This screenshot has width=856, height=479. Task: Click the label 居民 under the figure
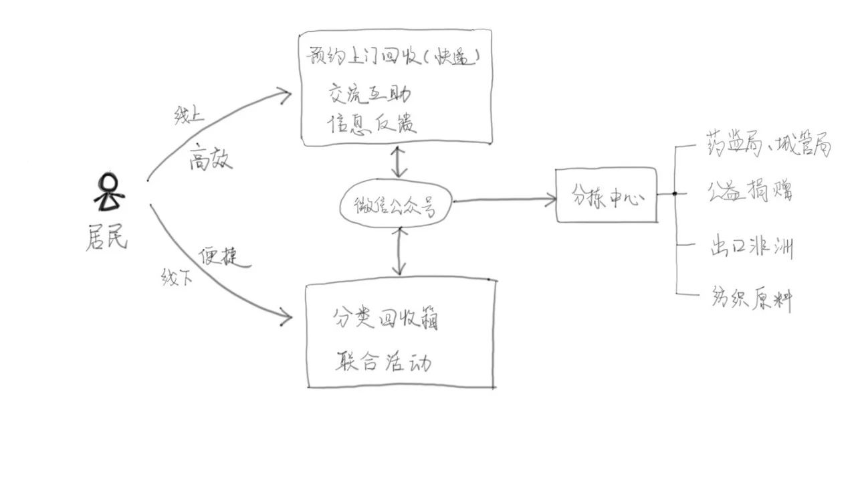106,237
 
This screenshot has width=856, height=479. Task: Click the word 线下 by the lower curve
177,276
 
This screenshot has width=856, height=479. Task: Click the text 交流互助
369,94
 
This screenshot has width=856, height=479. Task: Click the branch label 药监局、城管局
768,144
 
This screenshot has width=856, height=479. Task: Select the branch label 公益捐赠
750,192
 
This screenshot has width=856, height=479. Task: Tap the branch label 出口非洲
750,248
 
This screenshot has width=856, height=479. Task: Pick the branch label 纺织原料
750,299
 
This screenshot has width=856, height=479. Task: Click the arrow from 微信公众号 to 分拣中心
505,199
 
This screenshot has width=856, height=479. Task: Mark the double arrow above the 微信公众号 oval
399,161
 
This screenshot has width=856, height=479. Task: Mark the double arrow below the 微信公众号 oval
400,251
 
